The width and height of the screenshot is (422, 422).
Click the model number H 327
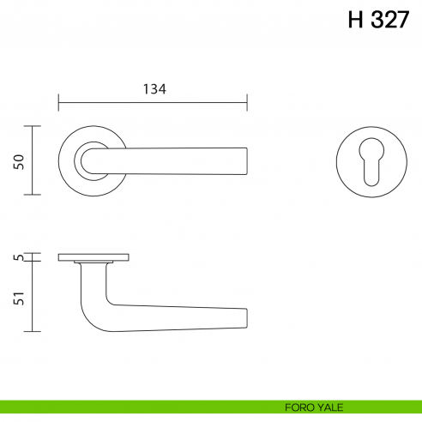coord(378,21)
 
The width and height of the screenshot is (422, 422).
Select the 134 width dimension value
coord(154,88)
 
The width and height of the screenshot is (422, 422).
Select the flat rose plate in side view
coord(93,256)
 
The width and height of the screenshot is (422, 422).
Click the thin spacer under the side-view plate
coord(93,262)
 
